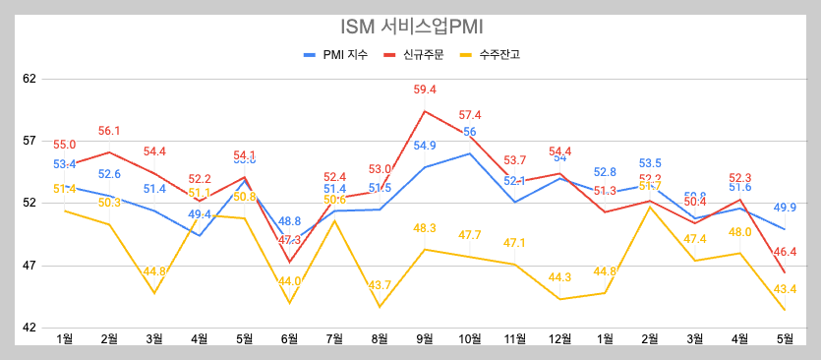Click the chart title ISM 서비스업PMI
pyautogui.click(x=410, y=27)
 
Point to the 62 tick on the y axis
pyautogui.click(x=29, y=77)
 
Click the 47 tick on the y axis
pyautogui.click(x=29, y=266)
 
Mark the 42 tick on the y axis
pyautogui.click(x=29, y=329)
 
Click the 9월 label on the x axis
pyautogui.click(x=425, y=340)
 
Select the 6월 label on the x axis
pyautogui.click(x=290, y=340)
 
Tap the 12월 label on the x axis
pyautogui.click(x=559, y=340)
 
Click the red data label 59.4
pyautogui.click(x=425, y=90)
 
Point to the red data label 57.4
pyautogui.click(x=470, y=115)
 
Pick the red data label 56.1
pyautogui.click(x=109, y=131)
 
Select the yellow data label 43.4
pyautogui.click(x=786, y=289)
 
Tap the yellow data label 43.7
pyautogui.click(x=380, y=285)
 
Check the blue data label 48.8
pyautogui.click(x=290, y=221)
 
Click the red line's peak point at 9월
pyautogui.click(x=425, y=110)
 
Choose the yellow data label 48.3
pyautogui.click(x=425, y=228)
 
